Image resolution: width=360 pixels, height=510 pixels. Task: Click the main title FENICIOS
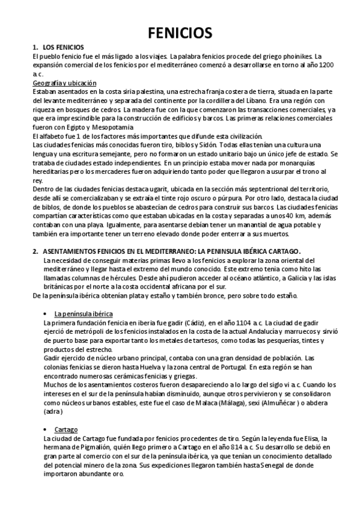point(180,32)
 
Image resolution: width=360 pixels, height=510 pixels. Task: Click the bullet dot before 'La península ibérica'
point(46,314)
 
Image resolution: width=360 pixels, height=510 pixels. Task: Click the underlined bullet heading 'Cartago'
point(66,430)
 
